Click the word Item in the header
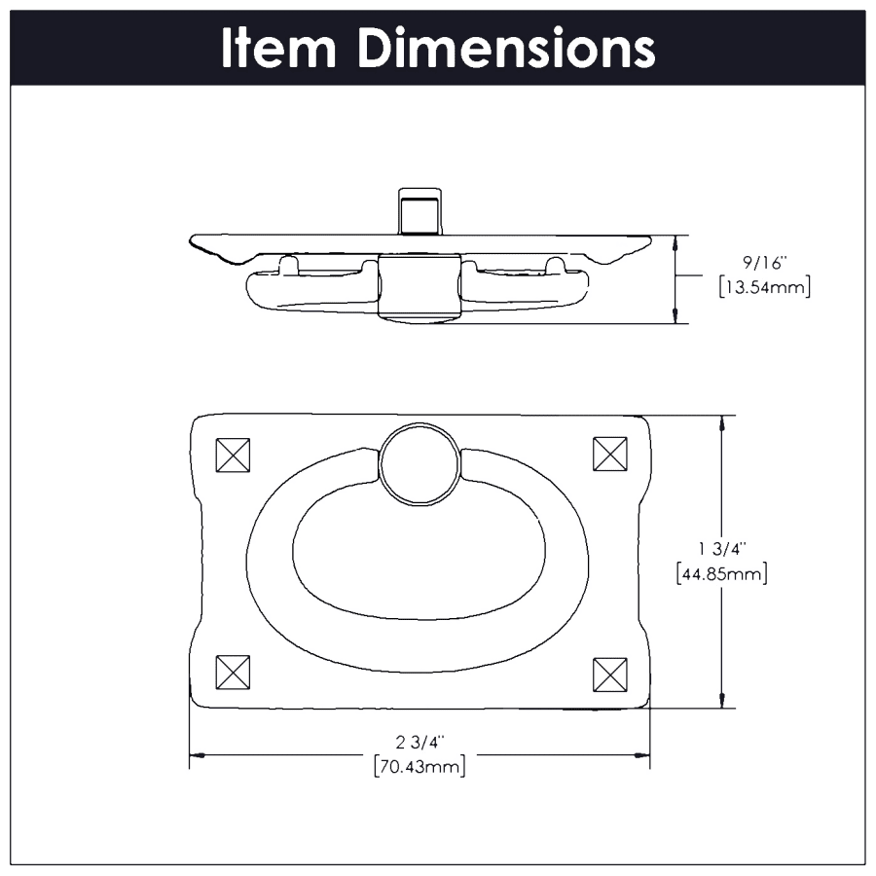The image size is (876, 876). tap(278, 48)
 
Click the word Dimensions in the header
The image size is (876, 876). tap(506, 48)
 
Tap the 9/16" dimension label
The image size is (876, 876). tap(765, 263)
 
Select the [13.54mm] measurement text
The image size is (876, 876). tap(765, 287)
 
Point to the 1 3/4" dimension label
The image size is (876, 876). tap(722, 549)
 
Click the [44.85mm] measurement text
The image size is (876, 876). tap(722, 573)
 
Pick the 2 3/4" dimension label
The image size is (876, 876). tap(420, 742)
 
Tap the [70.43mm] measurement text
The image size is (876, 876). tap(420, 766)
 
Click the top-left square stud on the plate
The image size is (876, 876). tap(233, 455)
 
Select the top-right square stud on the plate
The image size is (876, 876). tap(610, 454)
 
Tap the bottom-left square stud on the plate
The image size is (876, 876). tap(233, 672)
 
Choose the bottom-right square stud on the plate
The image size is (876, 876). tap(610, 675)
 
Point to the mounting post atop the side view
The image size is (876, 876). tap(420, 212)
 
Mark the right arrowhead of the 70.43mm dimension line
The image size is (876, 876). tap(642, 755)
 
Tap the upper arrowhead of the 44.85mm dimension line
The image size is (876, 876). tap(722, 423)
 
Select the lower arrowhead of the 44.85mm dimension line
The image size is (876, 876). tap(722, 700)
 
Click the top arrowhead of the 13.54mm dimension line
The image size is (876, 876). tap(675, 244)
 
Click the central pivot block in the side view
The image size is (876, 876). tap(420, 288)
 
